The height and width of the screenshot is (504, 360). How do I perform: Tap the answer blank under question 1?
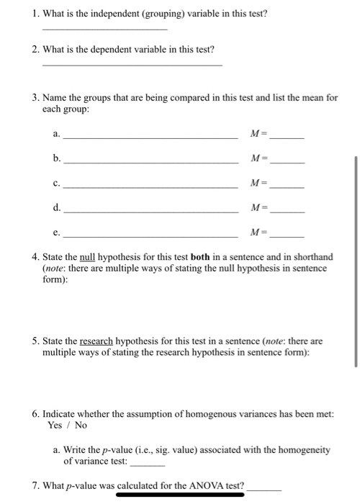(x=105, y=29)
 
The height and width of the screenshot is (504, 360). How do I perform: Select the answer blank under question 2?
(x=132, y=64)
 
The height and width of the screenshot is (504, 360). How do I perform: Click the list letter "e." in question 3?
(x=57, y=233)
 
